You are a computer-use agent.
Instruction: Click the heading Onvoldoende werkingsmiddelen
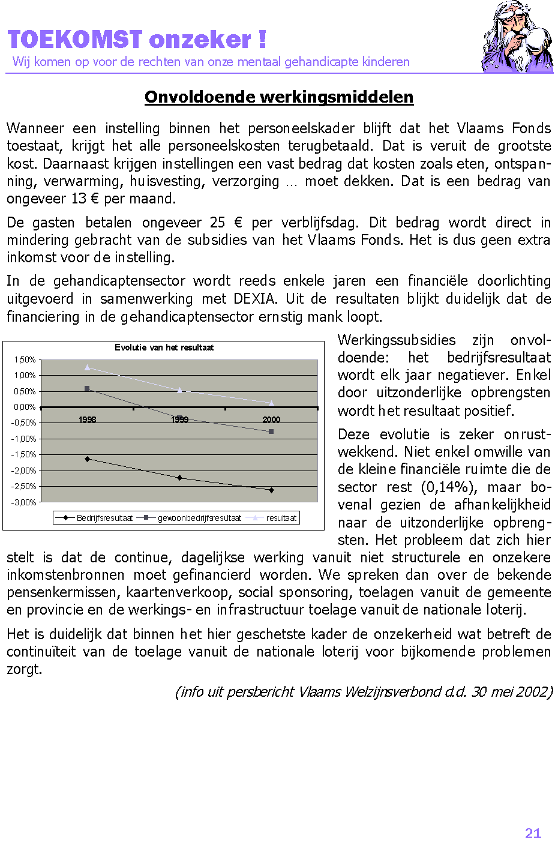pos(279,97)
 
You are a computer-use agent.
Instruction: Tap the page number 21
pos(533,833)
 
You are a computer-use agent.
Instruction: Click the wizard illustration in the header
pos(517,37)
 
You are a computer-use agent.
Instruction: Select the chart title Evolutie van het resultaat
pos(164,347)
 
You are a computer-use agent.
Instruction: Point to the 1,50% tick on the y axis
pos(25,359)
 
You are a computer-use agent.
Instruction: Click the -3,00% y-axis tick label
pos(24,502)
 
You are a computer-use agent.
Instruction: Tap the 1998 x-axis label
pos(87,419)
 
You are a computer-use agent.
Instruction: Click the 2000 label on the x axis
pos(271,419)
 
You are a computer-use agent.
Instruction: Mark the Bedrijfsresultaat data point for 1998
pos(87,459)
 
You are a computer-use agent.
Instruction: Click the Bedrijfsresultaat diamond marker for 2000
pos(271,490)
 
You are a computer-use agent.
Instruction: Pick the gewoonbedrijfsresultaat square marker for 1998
pos(87,389)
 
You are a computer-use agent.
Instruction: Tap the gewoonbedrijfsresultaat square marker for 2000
pos(271,432)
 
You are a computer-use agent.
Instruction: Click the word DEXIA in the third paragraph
pos(256,299)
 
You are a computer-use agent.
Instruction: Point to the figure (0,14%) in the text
pos(448,487)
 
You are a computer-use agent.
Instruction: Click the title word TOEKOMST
pos(75,40)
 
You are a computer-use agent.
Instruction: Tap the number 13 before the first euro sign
pos(79,199)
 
